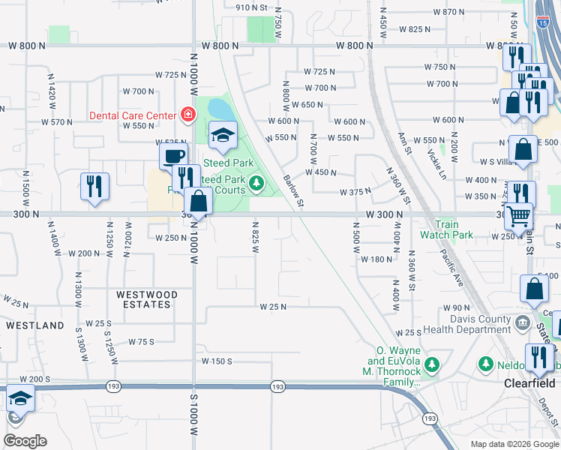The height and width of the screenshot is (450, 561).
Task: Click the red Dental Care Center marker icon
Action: pos(187,115)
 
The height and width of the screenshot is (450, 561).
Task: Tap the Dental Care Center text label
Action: pos(133,115)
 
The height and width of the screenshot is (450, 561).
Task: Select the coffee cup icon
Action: pos(173,155)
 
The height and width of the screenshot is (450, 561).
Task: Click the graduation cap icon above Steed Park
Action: pos(223,134)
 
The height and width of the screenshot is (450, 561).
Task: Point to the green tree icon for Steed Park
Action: pos(256,183)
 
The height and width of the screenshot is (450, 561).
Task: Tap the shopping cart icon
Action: pos(517,216)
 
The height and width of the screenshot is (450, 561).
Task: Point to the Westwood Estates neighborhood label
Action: pos(147,300)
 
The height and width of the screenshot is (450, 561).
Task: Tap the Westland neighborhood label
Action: pos(35,325)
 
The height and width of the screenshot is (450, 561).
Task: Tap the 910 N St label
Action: pos(251,7)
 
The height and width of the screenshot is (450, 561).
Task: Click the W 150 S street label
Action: pos(217,361)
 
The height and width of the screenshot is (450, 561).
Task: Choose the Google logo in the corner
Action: pos(25,441)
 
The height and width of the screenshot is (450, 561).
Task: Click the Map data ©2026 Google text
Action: pos(514,444)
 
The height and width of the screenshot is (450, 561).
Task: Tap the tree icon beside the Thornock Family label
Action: pos(431,364)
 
